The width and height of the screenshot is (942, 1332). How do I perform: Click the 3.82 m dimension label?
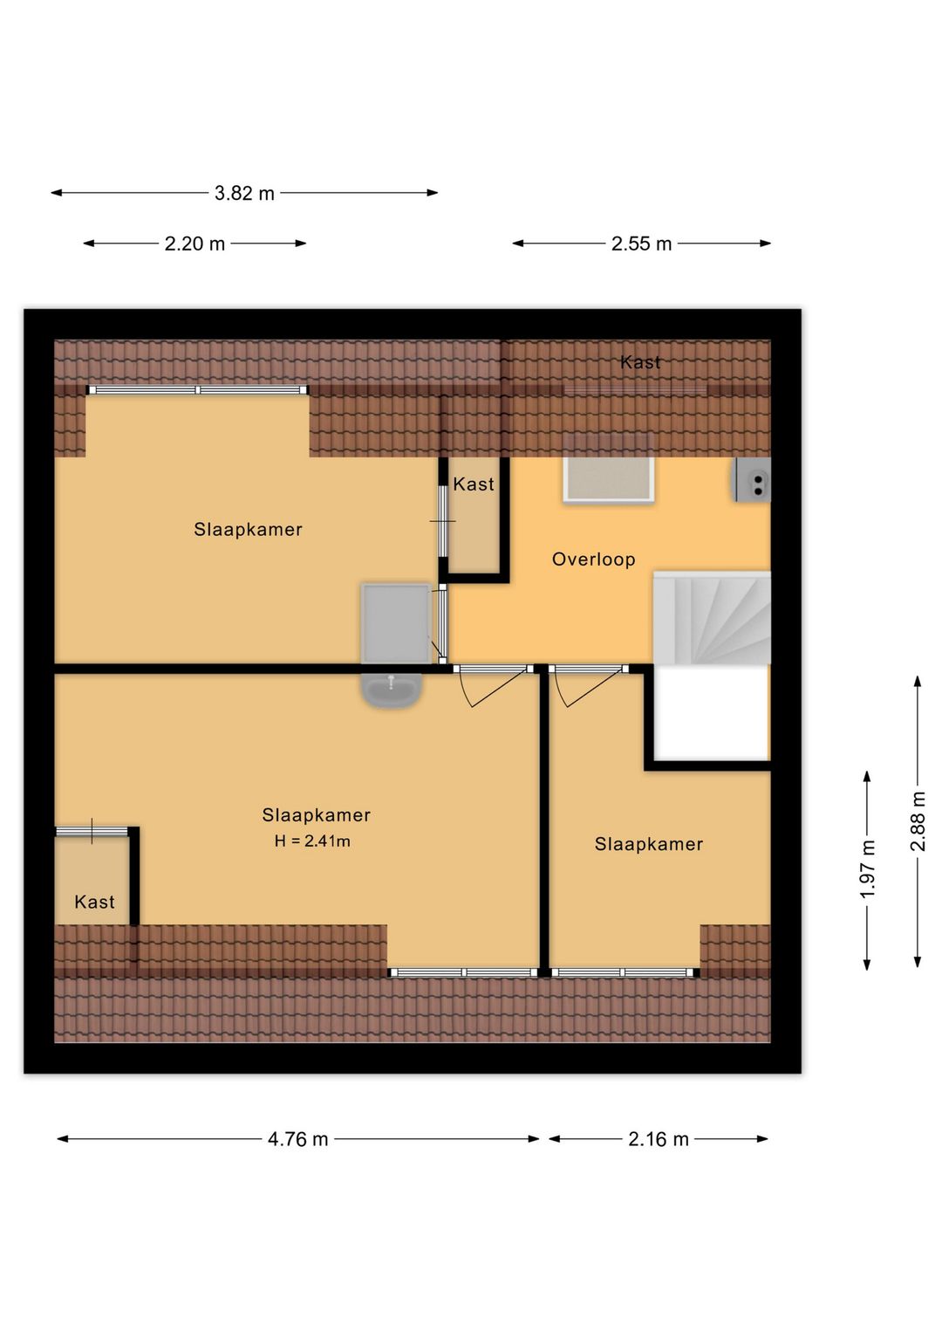click(x=244, y=193)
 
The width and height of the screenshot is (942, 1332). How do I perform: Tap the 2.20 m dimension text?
click(x=195, y=244)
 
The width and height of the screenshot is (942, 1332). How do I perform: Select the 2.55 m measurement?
click(x=641, y=244)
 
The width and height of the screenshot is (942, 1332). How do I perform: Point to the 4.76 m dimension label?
click(x=297, y=1139)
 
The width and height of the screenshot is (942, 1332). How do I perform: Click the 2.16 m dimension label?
click(x=659, y=1139)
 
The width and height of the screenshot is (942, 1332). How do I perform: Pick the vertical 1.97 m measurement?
click(x=868, y=869)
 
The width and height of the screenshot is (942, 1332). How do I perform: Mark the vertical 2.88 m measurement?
click(x=918, y=821)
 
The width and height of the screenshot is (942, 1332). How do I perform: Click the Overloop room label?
click(x=594, y=559)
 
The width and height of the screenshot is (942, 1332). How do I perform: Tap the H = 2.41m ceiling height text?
click(x=312, y=841)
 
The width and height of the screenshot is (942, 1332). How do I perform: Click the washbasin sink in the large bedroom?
click(x=392, y=690)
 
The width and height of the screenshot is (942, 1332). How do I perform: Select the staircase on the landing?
click(x=712, y=618)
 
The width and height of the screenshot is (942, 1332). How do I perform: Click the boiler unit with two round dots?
click(x=753, y=480)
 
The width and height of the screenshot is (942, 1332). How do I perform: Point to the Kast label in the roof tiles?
click(x=640, y=362)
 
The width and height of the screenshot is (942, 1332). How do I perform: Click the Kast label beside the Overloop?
click(x=473, y=484)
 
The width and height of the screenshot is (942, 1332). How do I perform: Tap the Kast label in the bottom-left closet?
click(x=94, y=902)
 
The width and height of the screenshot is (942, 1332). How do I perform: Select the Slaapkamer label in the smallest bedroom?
click(x=649, y=844)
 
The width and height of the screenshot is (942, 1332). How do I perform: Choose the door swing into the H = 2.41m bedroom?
click(x=494, y=688)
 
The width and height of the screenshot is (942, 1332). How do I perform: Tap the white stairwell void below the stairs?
click(x=711, y=712)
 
